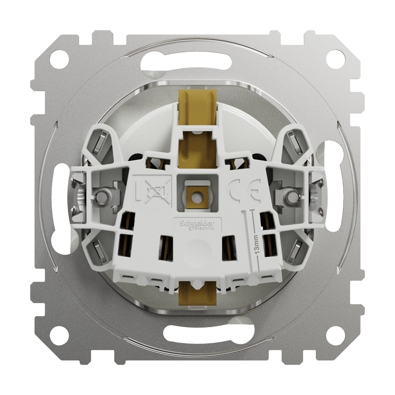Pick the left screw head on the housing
click(x=102, y=196)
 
